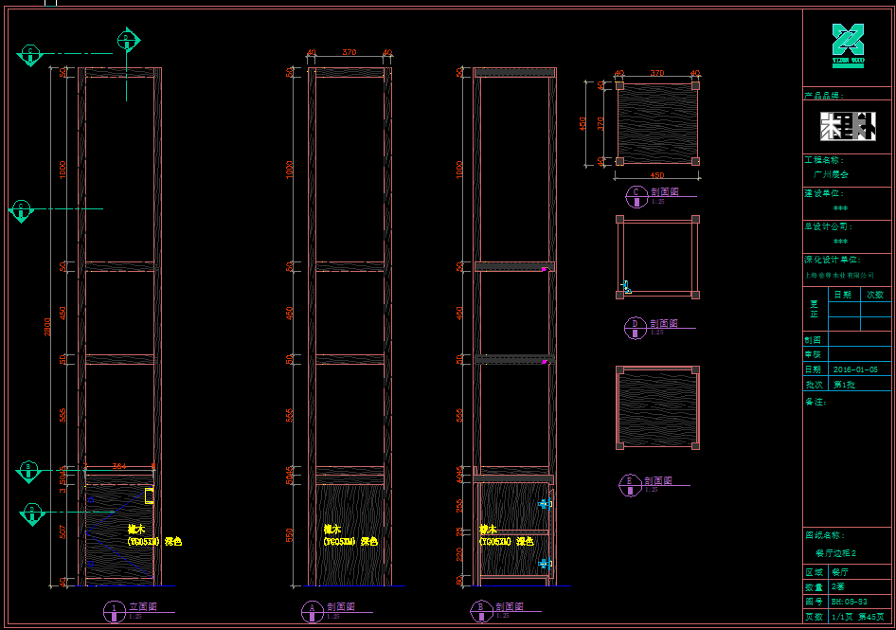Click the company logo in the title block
(848, 45)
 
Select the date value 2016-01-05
(854, 369)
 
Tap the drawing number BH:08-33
(850, 601)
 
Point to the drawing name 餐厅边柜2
(836, 552)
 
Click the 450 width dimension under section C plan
(656, 175)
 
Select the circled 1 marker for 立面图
(114, 609)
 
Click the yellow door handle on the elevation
(149, 495)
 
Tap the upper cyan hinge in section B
(544, 504)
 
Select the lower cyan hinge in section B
(545, 564)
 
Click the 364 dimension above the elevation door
(118, 466)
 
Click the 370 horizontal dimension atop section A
(349, 53)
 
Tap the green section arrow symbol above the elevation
(129, 41)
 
